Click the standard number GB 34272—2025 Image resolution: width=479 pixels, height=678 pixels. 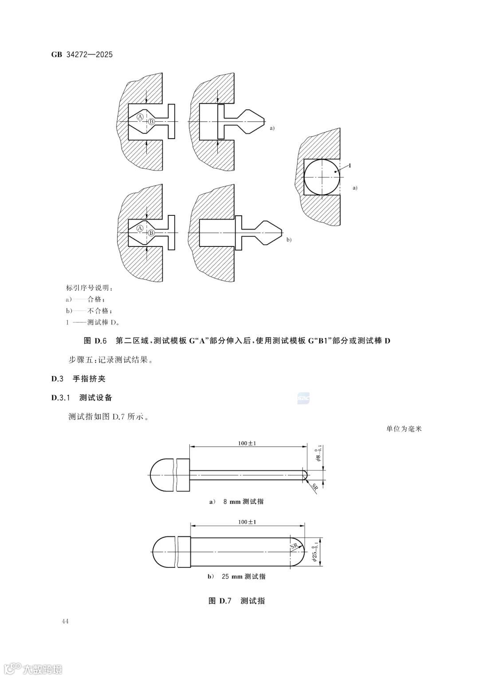[x=82, y=55]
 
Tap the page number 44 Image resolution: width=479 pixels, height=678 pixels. [x=65, y=621]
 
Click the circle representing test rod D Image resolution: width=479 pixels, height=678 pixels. [x=322, y=176]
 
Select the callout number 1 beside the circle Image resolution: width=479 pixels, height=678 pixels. [x=350, y=165]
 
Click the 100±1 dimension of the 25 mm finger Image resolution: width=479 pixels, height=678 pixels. [x=247, y=522]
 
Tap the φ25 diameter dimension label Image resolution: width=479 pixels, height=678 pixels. [x=315, y=551]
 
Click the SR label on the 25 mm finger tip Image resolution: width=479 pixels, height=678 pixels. [x=294, y=547]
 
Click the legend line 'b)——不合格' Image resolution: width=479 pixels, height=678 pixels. [x=86, y=310]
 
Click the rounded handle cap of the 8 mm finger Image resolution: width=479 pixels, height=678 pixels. [x=162, y=474]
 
